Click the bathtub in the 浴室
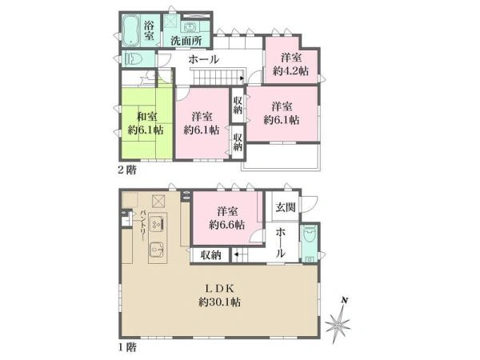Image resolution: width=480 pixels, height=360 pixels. tap(130, 30)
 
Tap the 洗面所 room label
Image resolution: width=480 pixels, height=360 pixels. tap(186, 41)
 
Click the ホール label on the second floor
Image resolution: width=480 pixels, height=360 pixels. tap(203, 59)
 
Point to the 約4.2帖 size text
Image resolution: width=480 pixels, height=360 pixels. tap(291, 71)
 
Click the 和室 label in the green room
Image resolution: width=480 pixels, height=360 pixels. tap(147, 117)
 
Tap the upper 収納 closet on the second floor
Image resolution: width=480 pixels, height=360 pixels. tap(238, 105)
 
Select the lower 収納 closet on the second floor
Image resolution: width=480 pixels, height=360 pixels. tap(238, 142)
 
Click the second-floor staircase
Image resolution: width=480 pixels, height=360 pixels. tap(218, 77)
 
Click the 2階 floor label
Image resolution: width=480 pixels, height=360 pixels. tap(127, 170)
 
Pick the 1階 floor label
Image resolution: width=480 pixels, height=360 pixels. tap(127, 347)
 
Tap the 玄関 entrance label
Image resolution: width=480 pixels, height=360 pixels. tap(286, 207)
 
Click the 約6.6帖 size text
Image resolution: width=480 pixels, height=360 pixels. tap(227, 226)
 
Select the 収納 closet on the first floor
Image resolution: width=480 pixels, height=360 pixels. tap(211, 255)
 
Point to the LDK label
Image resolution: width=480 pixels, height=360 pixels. tap(219, 288)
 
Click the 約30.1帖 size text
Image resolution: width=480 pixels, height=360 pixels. tap(219, 302)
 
